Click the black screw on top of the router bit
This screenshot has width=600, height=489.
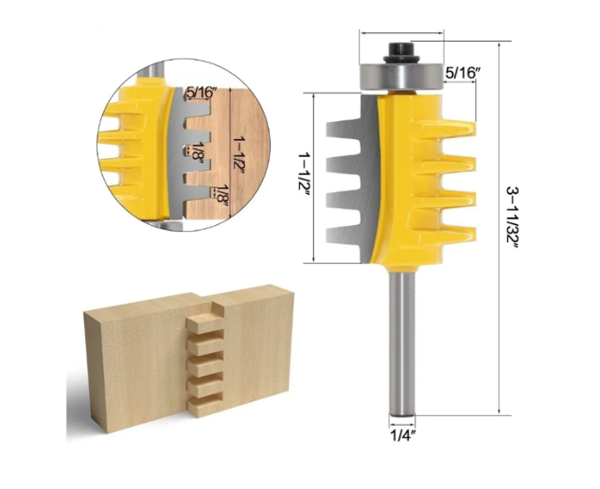(401, 47)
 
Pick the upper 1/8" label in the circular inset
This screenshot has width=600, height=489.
(195, 150)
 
